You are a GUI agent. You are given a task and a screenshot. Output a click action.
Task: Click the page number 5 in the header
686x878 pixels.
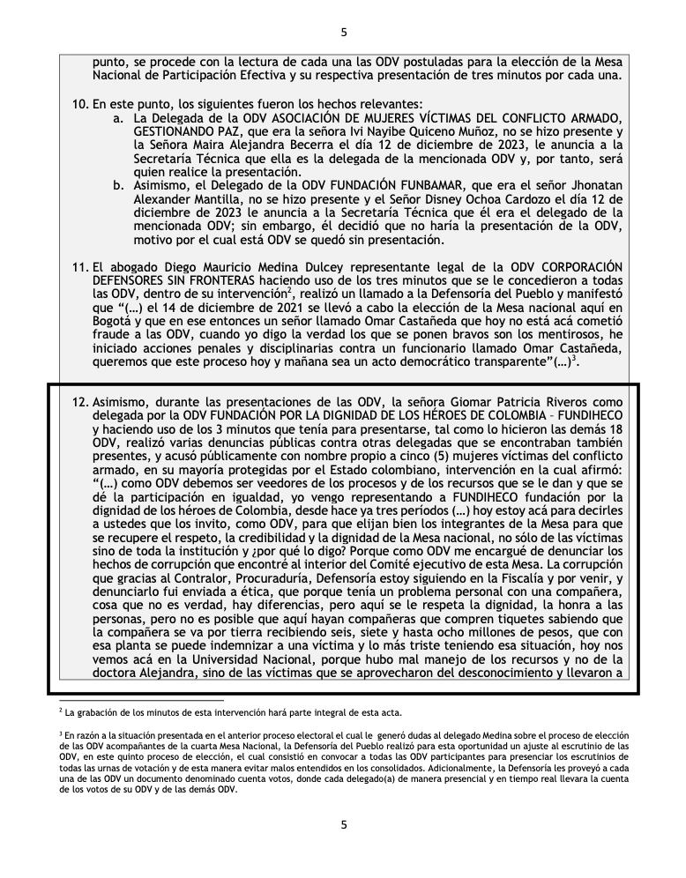[x=343, y=33]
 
